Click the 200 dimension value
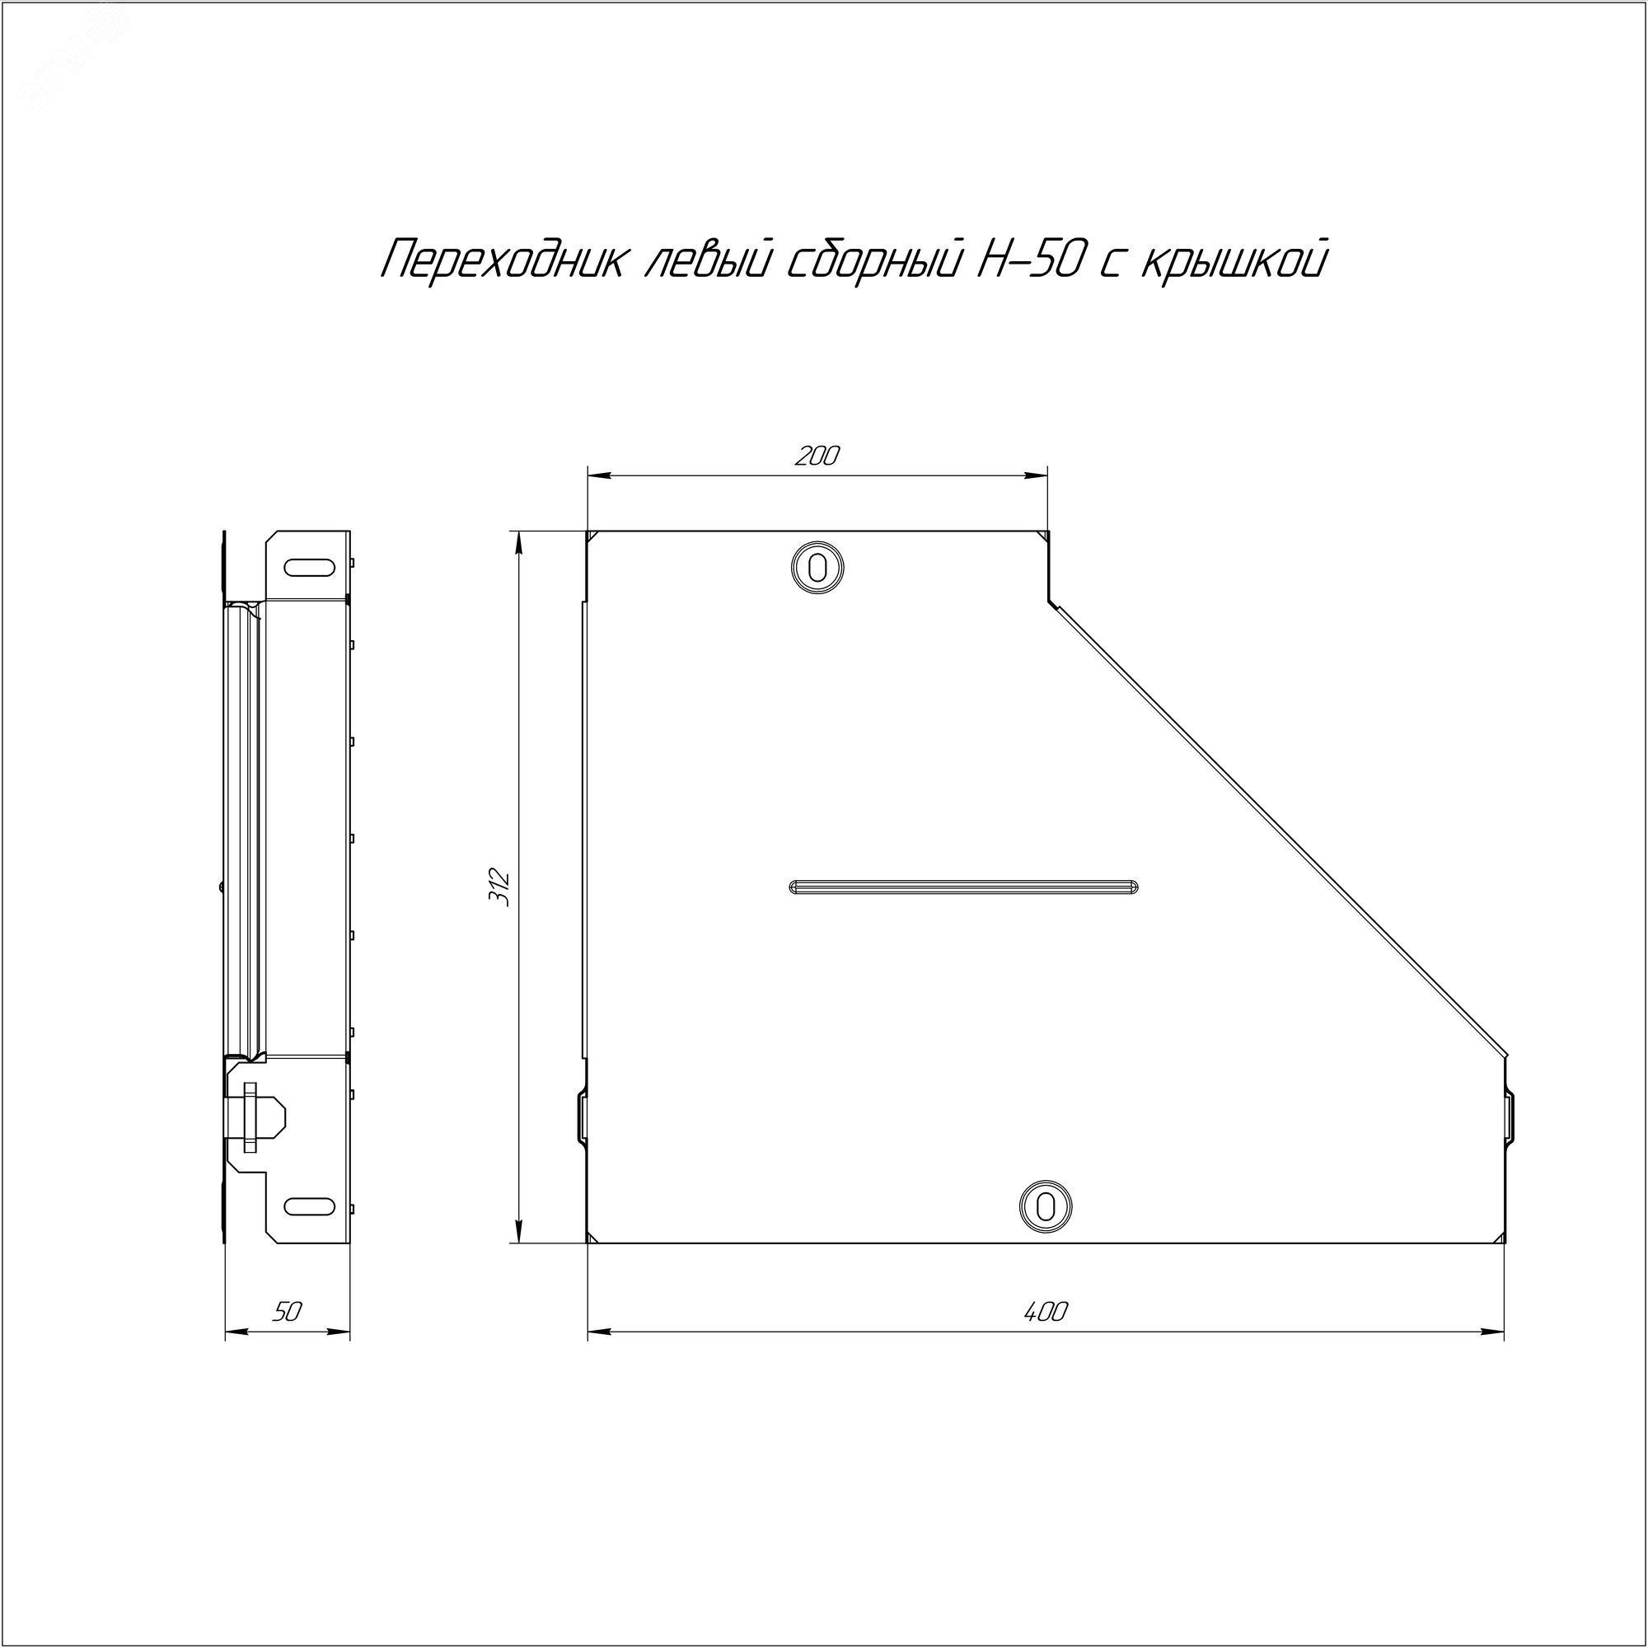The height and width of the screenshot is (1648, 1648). (x=817, y=456)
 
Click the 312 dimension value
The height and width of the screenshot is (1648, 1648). (x=501, y=887)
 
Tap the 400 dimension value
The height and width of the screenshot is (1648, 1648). (x=1045, y=1311)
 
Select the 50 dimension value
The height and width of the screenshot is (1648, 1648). (x=288, y=1311)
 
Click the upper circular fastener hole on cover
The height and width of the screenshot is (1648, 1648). (x=817, y=567)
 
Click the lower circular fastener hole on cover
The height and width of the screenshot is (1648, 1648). (x=1044, y=1207)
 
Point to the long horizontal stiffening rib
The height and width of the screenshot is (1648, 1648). (x=964, y=887)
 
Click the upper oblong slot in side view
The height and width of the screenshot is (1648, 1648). (x=309, y=566)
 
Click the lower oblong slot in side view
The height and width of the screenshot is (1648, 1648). (x=309, y=1206)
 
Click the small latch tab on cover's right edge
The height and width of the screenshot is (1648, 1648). (x=1508, y=1117)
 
